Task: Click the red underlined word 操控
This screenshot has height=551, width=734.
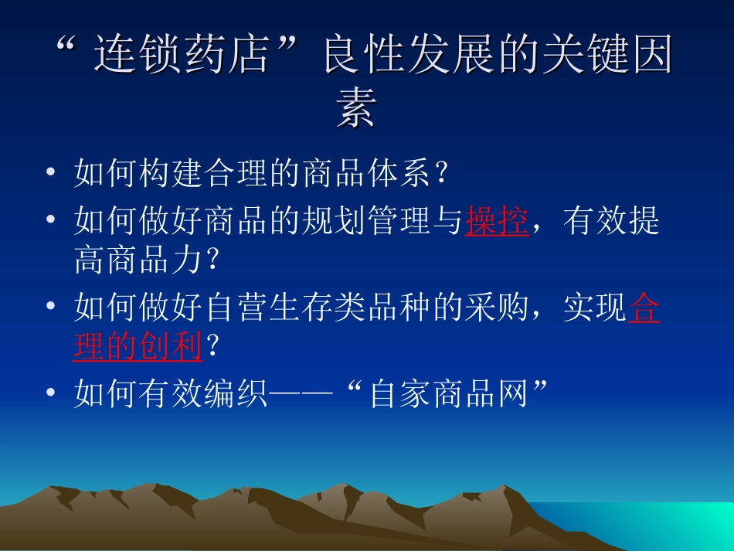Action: click(x=497, y=220)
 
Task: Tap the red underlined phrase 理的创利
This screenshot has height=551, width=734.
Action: click(x=138, y=346)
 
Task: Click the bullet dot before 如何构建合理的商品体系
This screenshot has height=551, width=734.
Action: click(x=50, y=172)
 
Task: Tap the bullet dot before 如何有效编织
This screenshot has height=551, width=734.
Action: click(x=50, y=392)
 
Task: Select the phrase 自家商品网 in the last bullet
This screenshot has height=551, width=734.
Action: click(x=449, y=393)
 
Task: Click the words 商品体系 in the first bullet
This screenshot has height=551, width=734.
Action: click(x=366, y=173)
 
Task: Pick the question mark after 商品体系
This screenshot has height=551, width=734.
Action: click(x=441, y=173)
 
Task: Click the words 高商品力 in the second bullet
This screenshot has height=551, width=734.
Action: click(x=138, y=260)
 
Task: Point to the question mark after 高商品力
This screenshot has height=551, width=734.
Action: click(x=212, y=260)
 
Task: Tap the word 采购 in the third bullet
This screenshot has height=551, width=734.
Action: click(x=497, y=307)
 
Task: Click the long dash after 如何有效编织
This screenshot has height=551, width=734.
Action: click(x=301, y=393)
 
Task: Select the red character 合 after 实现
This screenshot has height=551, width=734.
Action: click(x=644, y=307)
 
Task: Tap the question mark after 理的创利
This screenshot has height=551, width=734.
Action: click(x=212, y=346)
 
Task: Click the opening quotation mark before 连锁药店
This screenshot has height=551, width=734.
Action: click(x=66, y=45)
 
